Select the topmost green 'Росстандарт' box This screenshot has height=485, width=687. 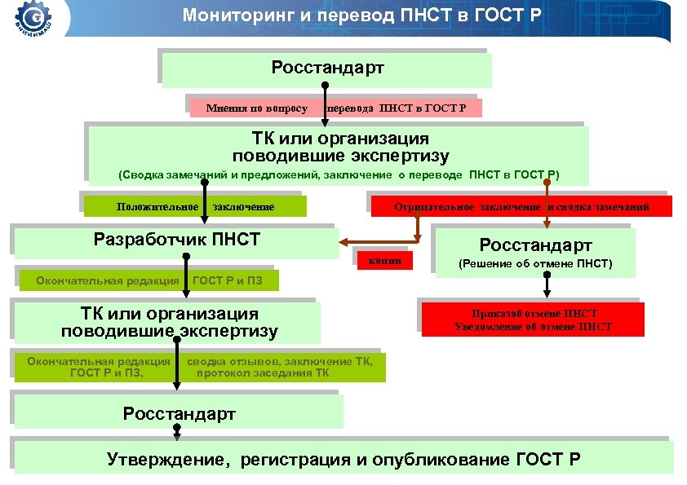coord(327,68)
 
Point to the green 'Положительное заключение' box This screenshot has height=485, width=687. coord(195,207)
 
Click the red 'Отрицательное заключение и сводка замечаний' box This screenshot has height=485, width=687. coord(521,207)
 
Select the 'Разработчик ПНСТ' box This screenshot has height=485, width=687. coord(176,240)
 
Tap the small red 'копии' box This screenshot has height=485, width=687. coord(385,261)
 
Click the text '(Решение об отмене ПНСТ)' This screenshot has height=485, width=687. coord(535,264)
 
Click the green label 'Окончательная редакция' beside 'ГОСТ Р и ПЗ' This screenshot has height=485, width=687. coord(107,281)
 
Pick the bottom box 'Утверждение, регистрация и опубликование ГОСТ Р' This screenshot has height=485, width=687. coord(343,460)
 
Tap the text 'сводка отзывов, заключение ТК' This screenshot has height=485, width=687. coord(279,361)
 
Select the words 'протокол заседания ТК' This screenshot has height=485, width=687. coord(263,373)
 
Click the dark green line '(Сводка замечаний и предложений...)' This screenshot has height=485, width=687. coord(339,175)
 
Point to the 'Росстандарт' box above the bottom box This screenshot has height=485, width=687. coord(179,414)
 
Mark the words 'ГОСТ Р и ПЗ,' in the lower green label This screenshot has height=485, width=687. coord(106,373)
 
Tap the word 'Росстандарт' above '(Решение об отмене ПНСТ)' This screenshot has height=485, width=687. coord(535,245)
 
